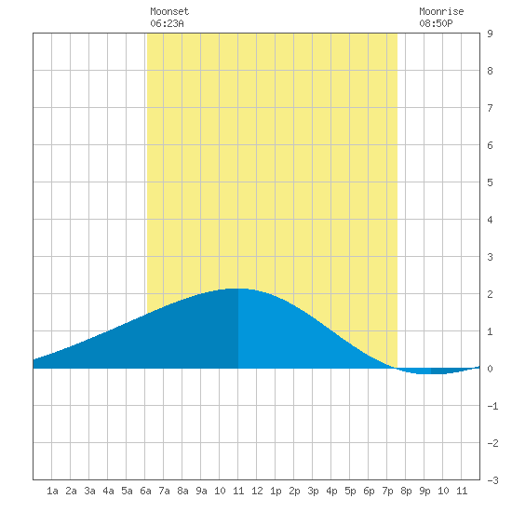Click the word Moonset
point(169,11)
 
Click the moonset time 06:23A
point(167,23)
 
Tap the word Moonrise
point(441,11)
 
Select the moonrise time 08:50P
point(436,23)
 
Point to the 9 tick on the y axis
point(490,34)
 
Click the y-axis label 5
point(490,182)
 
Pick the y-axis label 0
point(490,369)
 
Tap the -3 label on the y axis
point(492,480)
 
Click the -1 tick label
point(492,406)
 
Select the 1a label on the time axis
point(52,491)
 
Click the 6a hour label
point(145,491)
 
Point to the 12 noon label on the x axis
point(257,491)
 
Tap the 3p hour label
point(313,491)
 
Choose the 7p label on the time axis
point(387,491)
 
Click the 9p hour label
point(424,491)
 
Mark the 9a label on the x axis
point(201,491)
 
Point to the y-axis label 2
point(490,294)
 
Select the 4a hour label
point(108,491)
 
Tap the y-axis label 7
point(490,108)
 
